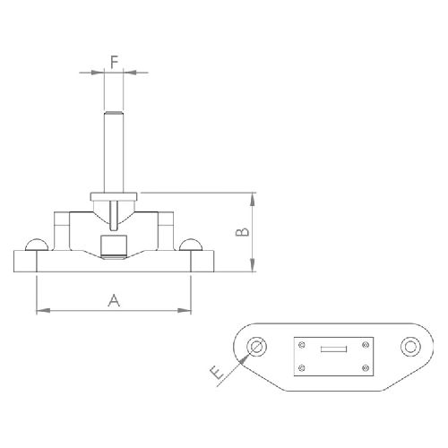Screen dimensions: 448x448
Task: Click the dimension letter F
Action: (x=115, y=62)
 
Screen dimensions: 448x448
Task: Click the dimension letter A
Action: (x=114, y=300)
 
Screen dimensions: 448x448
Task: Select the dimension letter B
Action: (x=242, y=232)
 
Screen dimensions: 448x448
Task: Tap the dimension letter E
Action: (x=217, y=374)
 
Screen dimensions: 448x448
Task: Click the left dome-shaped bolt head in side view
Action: (x=37, y=245)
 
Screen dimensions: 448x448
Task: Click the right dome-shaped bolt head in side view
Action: (x=191, y=245)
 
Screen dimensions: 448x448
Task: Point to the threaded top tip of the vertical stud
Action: (x=114, y=113)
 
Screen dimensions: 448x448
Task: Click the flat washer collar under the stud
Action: (x=114, y=196)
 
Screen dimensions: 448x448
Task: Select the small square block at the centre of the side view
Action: (x=114, y=246)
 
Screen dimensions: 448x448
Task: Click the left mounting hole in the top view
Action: (x=256, y=347)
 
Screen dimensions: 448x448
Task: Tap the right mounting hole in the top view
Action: (x=410, y=347)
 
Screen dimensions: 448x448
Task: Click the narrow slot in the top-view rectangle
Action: (x=333, y=349)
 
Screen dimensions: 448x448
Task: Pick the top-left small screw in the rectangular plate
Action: (x=302, y=345)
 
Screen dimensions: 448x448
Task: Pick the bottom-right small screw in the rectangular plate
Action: (x=366, y=367)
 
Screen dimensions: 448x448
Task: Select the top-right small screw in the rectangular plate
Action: (x=366, y=345)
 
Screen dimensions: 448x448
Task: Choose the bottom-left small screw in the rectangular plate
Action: (x=302, y=367)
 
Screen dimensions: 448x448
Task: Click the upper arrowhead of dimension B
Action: (x=253, y=200)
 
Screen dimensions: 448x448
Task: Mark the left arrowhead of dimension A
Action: (x=43, y=311)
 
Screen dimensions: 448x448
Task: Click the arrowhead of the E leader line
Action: (x=245, y=358)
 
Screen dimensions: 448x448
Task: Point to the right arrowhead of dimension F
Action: (x=130, y=72)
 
